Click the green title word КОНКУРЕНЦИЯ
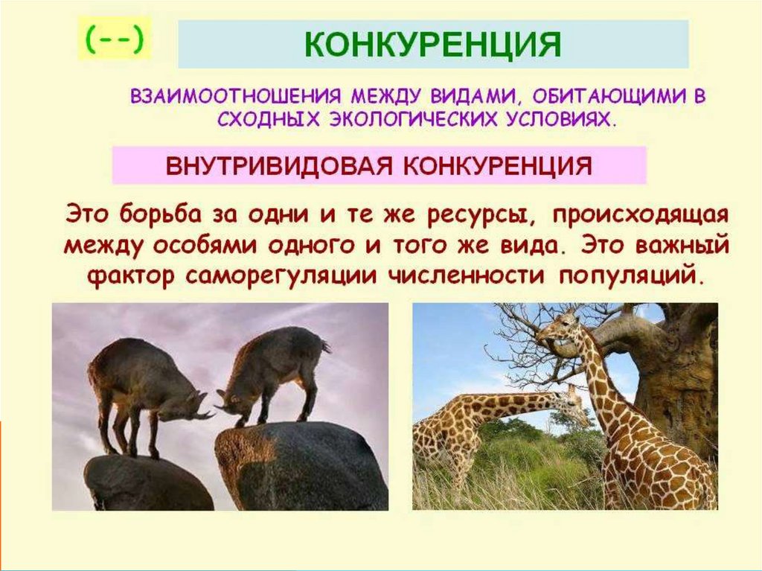tap(432, 45)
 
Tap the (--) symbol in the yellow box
tap(115, 39)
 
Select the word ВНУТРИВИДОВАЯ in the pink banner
tap(279, 165)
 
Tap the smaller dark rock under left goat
tap(146, 482)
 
